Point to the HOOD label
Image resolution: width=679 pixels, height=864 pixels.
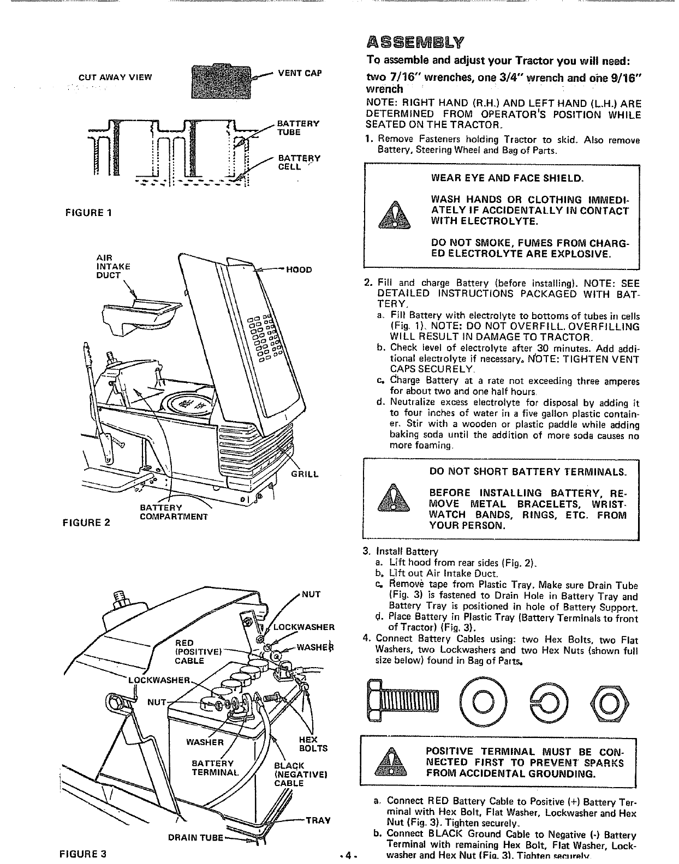tap(300, 269)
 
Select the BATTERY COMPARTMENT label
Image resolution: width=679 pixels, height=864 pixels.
tap(174, 512)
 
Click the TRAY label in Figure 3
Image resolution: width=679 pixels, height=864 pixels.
tap(318, 820)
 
